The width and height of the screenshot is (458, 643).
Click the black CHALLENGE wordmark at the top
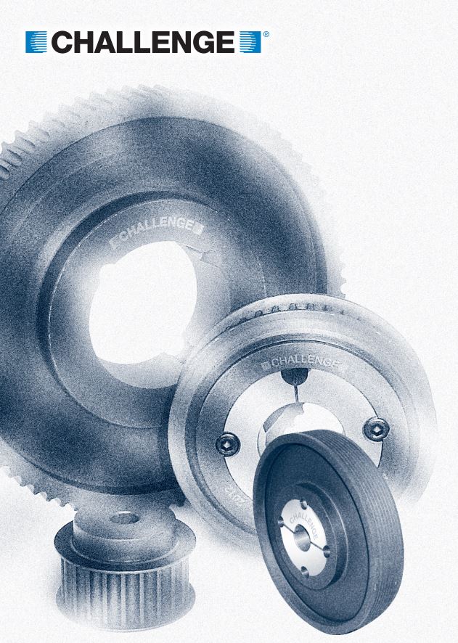[143, 42]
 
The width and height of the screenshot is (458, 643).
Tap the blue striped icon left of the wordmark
[36, 42]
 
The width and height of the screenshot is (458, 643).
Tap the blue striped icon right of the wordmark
[250, 42]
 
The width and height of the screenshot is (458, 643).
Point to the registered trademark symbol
[266, 34]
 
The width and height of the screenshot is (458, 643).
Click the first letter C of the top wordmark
[62, 42]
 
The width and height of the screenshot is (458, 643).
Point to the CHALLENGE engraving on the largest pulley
[157, 232]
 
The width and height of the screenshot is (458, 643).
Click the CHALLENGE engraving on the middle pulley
[303, 361]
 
